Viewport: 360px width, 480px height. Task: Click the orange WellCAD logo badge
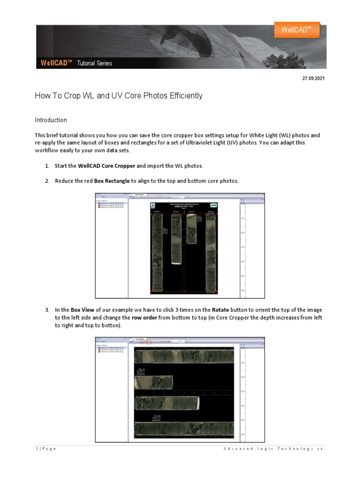[x=297, y=30]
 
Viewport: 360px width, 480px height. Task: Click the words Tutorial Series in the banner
[x=95, y=63]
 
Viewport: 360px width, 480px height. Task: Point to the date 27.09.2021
[x=313, y=78]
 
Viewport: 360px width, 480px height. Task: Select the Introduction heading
[x=51, y=120]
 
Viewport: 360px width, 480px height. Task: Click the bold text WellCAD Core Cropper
[x=106, y=166]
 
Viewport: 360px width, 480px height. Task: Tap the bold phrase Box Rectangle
[x=112, y=181]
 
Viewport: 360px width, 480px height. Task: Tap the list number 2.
[x=47, y=181]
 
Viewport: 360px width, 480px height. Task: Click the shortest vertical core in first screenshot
[x=191, y=228]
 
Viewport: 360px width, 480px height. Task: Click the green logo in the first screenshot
[x=213, y=205]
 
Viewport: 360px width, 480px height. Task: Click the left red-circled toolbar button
[x=142, y=342]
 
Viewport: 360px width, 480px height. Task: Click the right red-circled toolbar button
[x=148, y=342]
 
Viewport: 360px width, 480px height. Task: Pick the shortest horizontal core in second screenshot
[x=153, y=382]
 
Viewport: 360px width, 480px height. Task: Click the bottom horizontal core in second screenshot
[x=184, y=428]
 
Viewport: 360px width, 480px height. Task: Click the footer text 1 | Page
[x=45, y=449]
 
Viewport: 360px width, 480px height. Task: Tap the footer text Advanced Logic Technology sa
[x=273, y=449]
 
